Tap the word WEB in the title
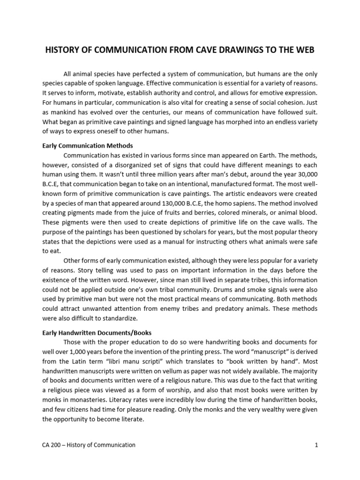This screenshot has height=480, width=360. click(x=306, y=50)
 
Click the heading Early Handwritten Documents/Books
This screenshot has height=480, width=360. click(x=97, y=333)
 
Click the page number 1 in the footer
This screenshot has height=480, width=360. click(x=316, y=445)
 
